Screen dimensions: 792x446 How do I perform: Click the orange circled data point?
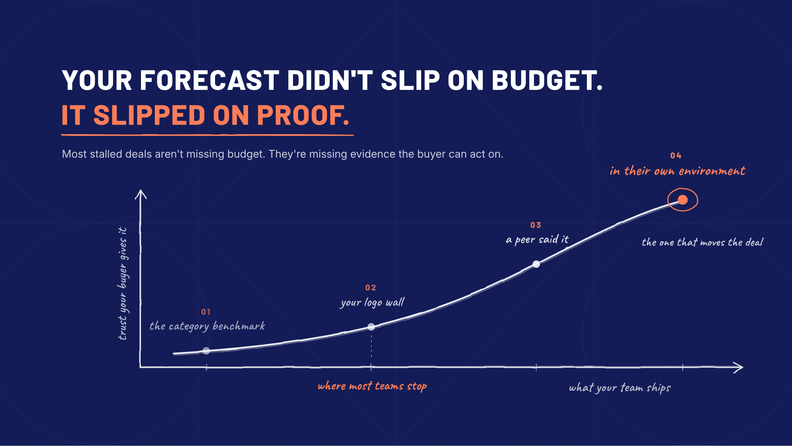[682, 199]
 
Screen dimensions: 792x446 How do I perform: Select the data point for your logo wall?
[371, 327]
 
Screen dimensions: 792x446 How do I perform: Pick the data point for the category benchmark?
[206, 351]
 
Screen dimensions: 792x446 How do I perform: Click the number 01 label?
[206, 312]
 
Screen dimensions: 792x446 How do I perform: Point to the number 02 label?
[371, 288]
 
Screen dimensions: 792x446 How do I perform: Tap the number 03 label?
[536, 225]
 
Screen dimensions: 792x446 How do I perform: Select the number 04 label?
[676, 156]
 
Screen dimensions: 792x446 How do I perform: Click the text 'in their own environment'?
[678, 171]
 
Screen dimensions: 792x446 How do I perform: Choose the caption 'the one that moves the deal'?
[703, 242]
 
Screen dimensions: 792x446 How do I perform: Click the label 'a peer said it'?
[537, 240]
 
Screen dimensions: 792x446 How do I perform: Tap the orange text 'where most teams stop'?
[372, 386]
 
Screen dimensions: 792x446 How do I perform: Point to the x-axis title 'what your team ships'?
[620, 388]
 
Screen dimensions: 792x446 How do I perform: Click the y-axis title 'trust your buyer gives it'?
[123, 284]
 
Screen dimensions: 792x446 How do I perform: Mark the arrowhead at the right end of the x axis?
[738, 367]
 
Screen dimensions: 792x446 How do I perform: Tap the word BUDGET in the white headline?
[547, 80]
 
